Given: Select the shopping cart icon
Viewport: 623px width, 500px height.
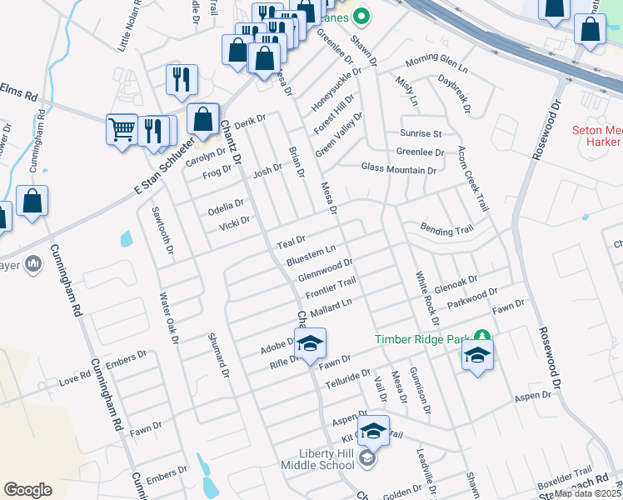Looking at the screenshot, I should (122, 129).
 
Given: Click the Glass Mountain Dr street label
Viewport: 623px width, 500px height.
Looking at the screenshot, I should (398, 169).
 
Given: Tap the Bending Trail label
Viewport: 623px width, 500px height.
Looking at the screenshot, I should (446, 229).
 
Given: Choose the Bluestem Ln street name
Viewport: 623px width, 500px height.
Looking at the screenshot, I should (311, 256).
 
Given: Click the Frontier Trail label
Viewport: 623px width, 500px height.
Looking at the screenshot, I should (331, 288).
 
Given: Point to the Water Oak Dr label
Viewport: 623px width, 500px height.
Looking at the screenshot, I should (169, 318).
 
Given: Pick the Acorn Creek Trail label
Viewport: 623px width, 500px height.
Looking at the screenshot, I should (472, 179).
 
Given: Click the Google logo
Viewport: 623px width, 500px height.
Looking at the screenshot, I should (27, 489).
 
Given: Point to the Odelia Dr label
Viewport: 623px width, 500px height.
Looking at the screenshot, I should (226, 206).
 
